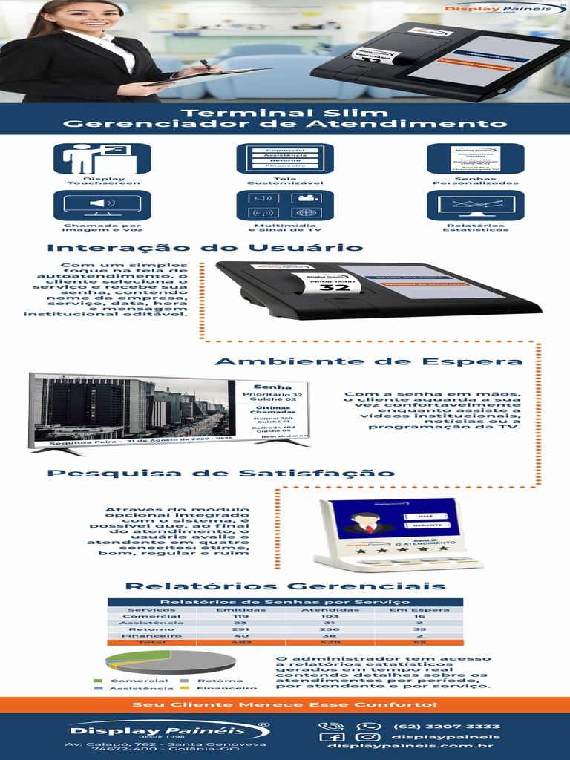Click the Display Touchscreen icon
point(102,158)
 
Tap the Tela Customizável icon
point(285,158)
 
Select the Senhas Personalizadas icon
point(475,158)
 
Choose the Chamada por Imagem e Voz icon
point(102,205)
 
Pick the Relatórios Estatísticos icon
point(475,205)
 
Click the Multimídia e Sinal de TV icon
point(285,205)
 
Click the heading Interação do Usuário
point(205,248)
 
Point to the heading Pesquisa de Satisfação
point(221,473)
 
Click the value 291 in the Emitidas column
point(240,629)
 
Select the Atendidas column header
point(330,609)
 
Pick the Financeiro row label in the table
point(151,635)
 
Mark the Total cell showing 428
point(330,642)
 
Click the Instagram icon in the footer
point(367,737)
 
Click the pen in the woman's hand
point(206,65)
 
